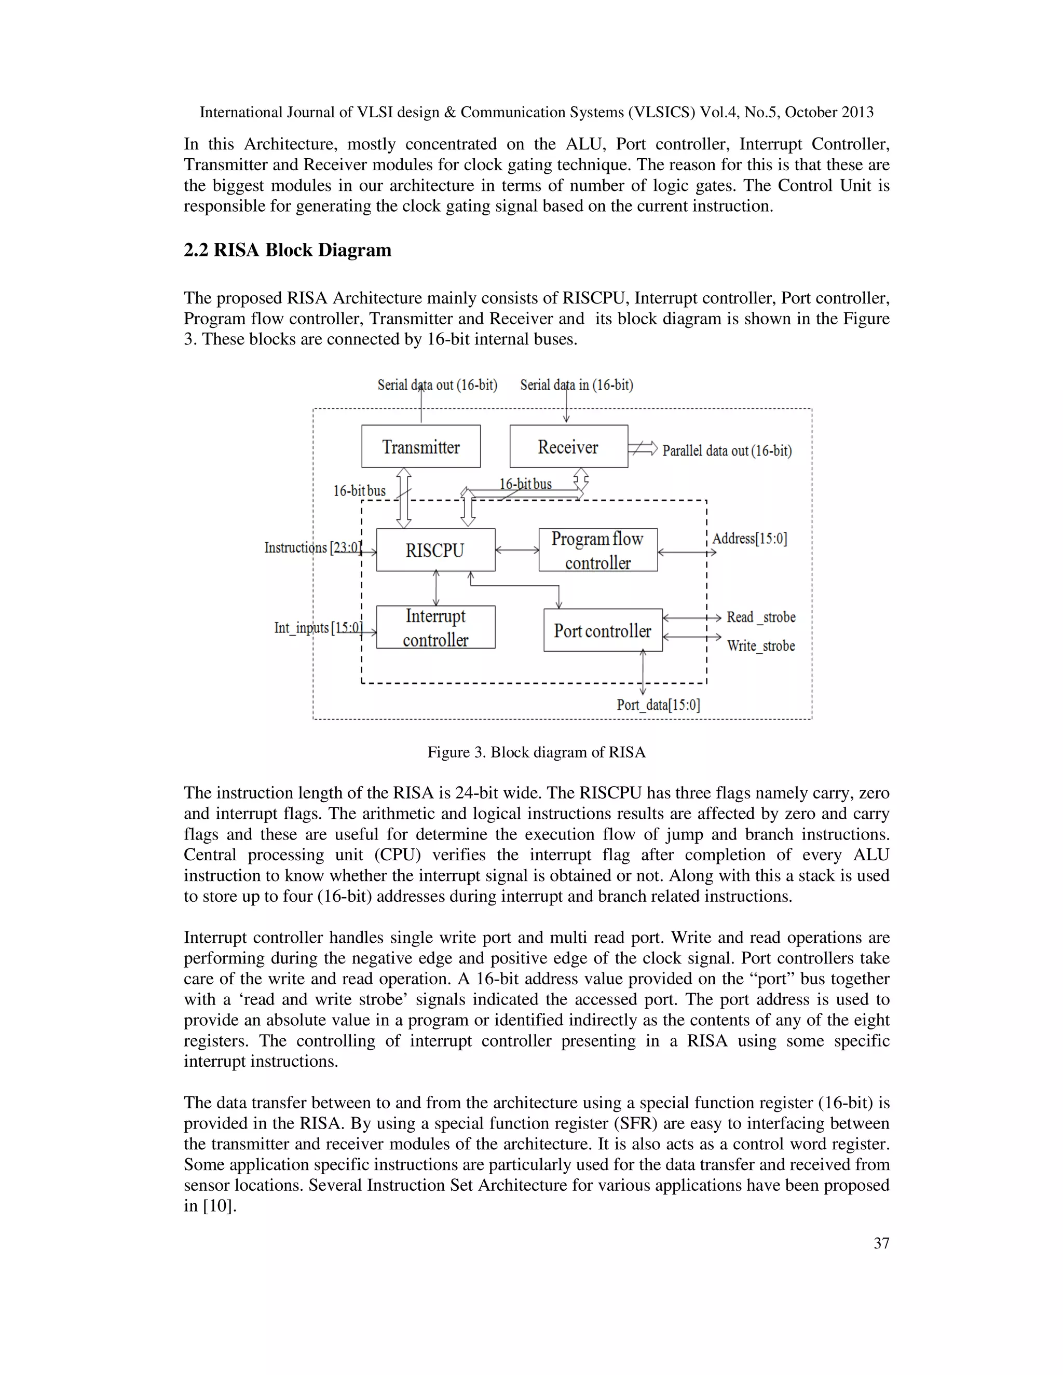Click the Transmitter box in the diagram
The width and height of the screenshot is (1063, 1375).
click(420, 446)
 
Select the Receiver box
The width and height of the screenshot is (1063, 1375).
click(568, 446)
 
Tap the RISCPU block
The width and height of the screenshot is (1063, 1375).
click(435, 550)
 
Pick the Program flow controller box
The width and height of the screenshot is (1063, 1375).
click(597, 550)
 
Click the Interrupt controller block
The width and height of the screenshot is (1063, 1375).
click(435, 628)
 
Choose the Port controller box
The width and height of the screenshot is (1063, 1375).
click(603, 630)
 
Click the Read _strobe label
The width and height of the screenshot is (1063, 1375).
click(761, 617)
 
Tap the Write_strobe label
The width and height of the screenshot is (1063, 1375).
click(761, 646)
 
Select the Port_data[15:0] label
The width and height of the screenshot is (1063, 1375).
click(658, 705)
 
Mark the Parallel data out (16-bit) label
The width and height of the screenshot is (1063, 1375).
click(727, 451)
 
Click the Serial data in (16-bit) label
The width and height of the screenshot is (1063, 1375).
click(576, 384)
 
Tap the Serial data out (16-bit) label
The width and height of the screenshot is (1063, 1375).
click(437, 384)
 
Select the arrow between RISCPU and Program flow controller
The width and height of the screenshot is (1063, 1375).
click(517, 550)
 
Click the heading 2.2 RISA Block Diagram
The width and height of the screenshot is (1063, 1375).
click(287, 250)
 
